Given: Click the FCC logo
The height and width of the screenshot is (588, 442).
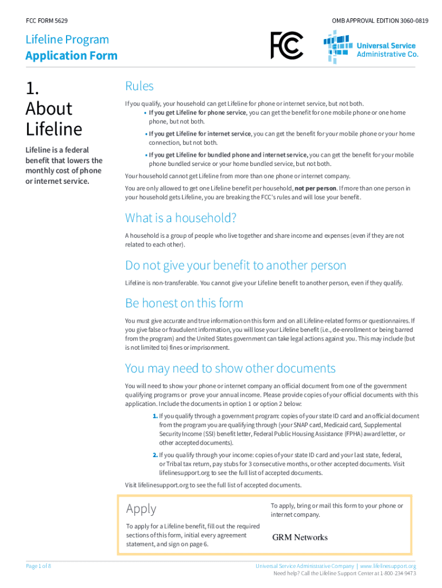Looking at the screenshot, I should pos(286,45).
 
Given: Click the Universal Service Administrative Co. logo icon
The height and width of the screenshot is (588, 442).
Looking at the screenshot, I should pos(338,47).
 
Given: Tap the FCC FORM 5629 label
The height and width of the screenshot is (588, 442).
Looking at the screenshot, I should pos(47,21).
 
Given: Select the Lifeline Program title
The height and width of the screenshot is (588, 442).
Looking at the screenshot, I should pos(67,40).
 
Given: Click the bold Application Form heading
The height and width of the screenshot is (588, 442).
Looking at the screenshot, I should pos(71,56).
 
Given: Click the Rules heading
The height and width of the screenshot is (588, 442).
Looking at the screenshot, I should pos(139,86).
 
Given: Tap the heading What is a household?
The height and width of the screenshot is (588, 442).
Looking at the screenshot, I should pos(181,218).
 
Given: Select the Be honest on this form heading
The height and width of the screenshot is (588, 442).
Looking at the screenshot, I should pos(184,303).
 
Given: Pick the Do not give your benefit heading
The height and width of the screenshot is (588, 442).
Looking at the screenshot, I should pos(236,265).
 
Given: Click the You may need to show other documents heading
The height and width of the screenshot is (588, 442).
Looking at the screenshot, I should pos(230,368).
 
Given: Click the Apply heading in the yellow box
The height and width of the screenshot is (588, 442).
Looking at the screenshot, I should pos(141,509).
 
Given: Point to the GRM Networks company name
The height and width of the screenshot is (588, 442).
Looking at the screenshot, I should pos(300,537).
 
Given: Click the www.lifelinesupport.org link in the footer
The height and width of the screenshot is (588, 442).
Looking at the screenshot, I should pos(387,566).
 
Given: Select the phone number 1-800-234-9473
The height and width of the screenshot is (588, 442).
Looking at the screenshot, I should pos(397,573).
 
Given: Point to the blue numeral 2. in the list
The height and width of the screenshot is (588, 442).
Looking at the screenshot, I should pos(155,455).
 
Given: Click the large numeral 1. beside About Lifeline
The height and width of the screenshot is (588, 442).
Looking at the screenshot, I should pos(33,88).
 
